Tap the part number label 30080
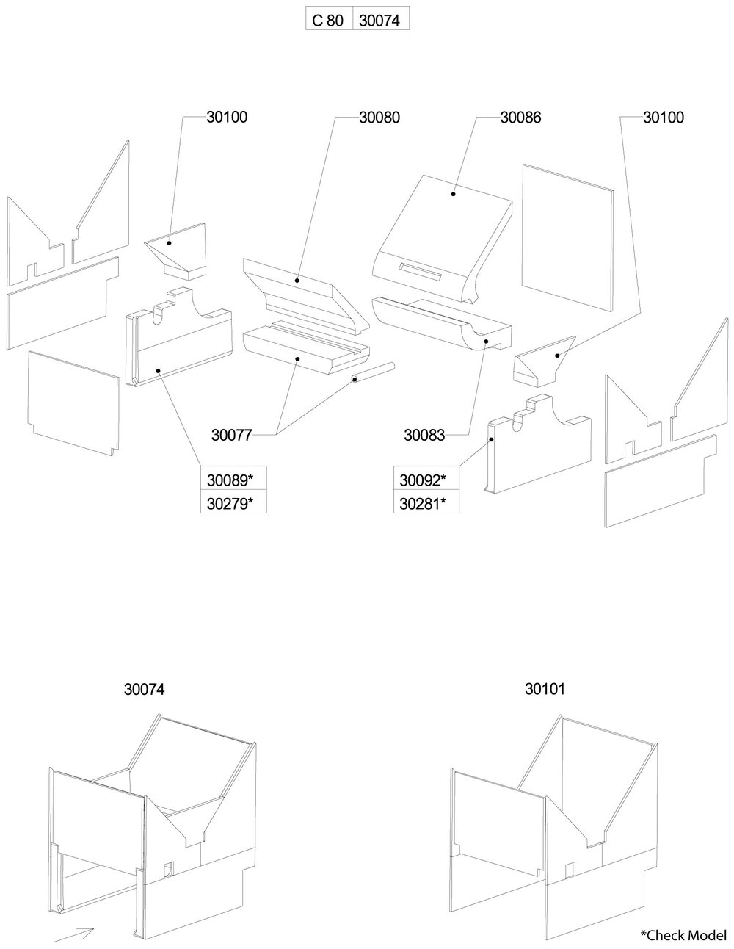pos(379,117)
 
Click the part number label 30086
pos(520,117)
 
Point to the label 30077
pos(232,435)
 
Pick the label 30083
pos(424,435)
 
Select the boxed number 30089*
pos(230,481)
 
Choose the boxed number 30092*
pos(423,481)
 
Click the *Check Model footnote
pos(682,934)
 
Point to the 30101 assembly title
pos(545,690)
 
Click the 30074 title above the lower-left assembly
pos(145,690)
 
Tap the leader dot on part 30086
pos(454,194)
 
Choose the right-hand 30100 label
pos(663,117)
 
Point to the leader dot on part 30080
pos(297,279)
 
